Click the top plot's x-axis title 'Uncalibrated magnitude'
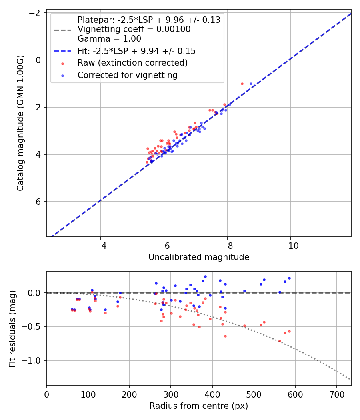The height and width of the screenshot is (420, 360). (199, 257)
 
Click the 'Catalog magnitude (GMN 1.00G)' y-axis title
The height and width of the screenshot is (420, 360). (20, 123)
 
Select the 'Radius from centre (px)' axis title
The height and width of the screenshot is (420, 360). (199, 406)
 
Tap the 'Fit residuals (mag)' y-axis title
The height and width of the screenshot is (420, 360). (12, 328)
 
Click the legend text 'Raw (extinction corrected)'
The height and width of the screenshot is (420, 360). (132, 63)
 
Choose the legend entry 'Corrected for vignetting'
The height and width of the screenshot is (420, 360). (127, 75)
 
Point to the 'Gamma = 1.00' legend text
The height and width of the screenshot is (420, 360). (109, 39)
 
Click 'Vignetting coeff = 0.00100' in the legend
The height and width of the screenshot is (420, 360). (134, 29)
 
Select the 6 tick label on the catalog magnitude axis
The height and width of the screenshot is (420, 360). (38, 202)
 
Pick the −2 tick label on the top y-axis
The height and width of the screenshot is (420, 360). (36, 13)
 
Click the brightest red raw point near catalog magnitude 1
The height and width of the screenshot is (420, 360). (242, 84)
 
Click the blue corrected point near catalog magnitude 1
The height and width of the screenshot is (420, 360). (251, 84)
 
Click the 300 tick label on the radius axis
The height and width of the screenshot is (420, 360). (171, 394)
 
